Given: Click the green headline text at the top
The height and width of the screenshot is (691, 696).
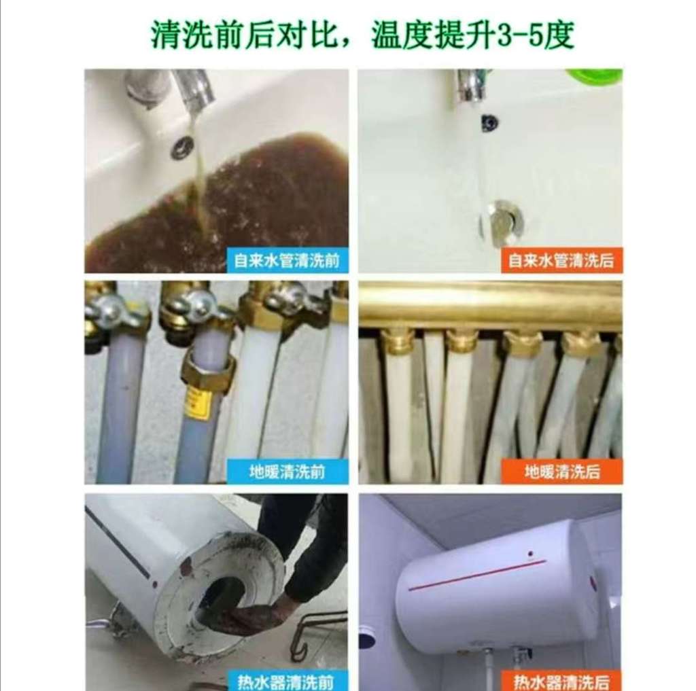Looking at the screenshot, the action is [x=362, y=35].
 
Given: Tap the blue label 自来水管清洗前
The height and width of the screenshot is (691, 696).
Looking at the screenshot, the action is [x=288, y=260].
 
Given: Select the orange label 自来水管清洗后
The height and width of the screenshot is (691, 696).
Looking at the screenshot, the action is [x=562, y=260].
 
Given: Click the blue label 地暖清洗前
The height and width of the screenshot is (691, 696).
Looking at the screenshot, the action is [x=288, y=472].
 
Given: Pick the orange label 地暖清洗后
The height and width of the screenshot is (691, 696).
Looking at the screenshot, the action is [x=562, y=472].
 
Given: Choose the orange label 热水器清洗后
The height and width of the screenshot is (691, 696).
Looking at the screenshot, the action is [x=562, y=681].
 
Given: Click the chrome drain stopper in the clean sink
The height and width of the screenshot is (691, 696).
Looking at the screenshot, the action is [x=502, y=223].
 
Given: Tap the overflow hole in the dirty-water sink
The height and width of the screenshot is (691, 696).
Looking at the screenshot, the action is [x=182, y=147].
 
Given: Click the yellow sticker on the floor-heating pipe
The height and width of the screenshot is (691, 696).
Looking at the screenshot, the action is [x=196, y=402].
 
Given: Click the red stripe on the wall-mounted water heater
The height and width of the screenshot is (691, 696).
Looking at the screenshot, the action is [x=477, y=575].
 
